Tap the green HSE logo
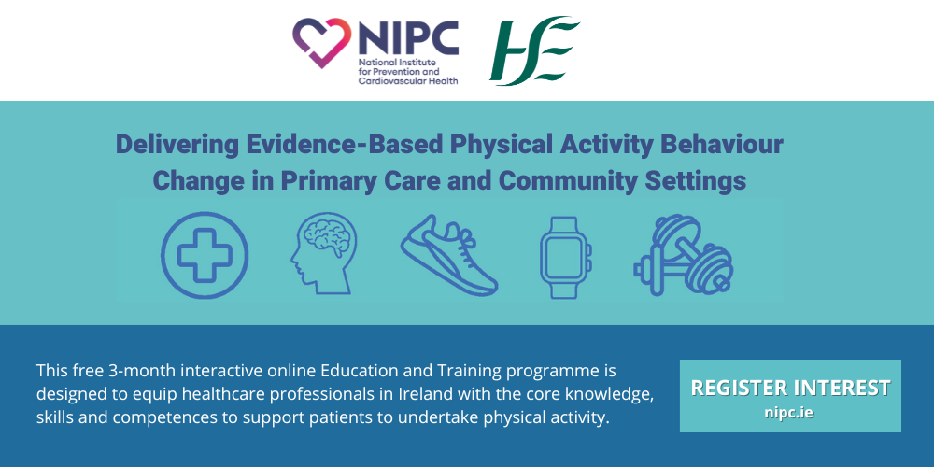click(534, 51)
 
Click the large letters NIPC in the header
click(409, 37)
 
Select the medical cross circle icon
click(205, 255)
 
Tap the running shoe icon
click(449, 256)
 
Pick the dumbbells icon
click(684, 255)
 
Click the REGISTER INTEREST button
click(790, 395)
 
